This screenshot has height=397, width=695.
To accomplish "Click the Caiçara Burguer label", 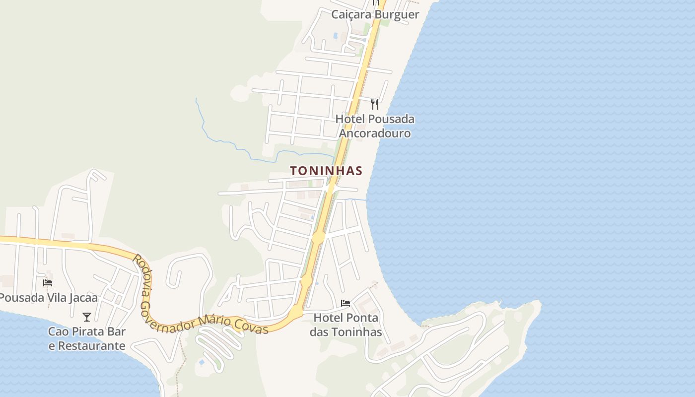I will coord(375,14).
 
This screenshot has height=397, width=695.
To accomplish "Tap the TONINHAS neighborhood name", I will coord(326,171).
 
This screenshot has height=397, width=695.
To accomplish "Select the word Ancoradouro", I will coord(375,133).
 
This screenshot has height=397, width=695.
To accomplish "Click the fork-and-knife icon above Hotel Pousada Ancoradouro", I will coord(375,104).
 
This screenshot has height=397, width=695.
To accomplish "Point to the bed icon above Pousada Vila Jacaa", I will coord(48,283).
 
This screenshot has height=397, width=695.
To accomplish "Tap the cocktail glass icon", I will coord(87,317).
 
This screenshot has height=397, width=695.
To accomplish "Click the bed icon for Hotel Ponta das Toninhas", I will coord(346,303).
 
